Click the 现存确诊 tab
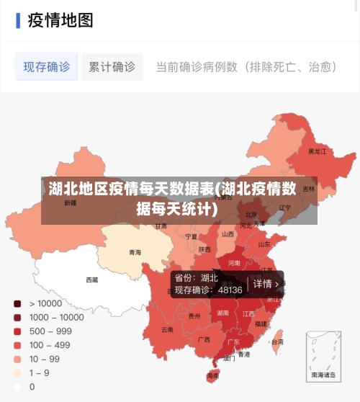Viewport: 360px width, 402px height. coord(47,67)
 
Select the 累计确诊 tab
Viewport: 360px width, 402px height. coord(112,67)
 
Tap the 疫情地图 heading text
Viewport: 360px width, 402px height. coord(60,20)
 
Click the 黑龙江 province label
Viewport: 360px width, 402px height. coord(317,151)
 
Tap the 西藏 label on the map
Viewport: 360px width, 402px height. coord(92,280)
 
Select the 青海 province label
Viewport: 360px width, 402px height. coord(135,252)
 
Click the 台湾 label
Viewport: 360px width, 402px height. coord(277,342)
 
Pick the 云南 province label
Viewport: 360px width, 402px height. coord(167,329)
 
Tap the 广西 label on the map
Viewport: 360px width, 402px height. coord(204,339)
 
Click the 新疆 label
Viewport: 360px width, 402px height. coord(70,203)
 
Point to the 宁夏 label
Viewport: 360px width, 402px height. coord(191,236)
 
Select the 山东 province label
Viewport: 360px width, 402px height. coord(264,244)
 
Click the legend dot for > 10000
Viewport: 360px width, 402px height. coord(17,303)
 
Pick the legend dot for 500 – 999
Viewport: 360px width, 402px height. coord(17,331)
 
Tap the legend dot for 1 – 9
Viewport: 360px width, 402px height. coord(17,372)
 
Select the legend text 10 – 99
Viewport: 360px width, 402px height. coord(45,359)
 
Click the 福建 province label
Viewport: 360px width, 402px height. coord(261,324)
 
